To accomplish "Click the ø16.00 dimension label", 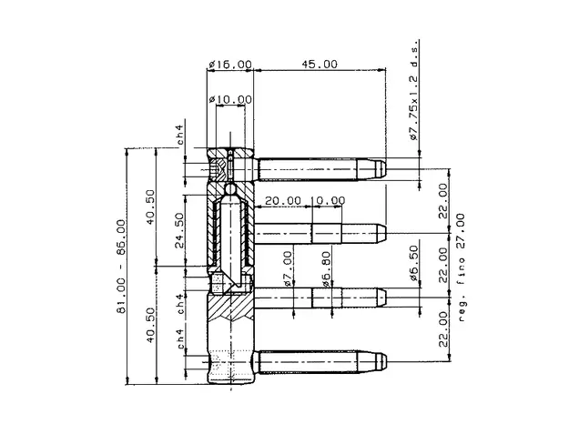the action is point(230,65).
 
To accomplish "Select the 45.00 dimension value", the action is point(320,65).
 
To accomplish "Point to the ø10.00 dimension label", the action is point(230,99).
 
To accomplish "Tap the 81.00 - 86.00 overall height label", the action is point(121,266).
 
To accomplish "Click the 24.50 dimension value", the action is point(179,230).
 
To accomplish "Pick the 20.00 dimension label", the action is point(283,200).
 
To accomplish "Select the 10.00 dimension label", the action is point(329,200).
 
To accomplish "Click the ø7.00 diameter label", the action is point(289,269).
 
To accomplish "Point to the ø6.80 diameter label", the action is point(327,269).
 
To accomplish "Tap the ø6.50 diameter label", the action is point(415,263).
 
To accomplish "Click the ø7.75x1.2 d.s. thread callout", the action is point(415,90).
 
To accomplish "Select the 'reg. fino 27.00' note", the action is point(461,267).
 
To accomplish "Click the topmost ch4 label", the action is point(180,135).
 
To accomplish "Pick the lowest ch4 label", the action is point(180,338).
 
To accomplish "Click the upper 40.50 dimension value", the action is point(150,207).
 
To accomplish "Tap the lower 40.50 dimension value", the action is point(150,325).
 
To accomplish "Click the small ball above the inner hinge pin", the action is point(230,189).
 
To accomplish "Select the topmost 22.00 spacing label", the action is point(443,200).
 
